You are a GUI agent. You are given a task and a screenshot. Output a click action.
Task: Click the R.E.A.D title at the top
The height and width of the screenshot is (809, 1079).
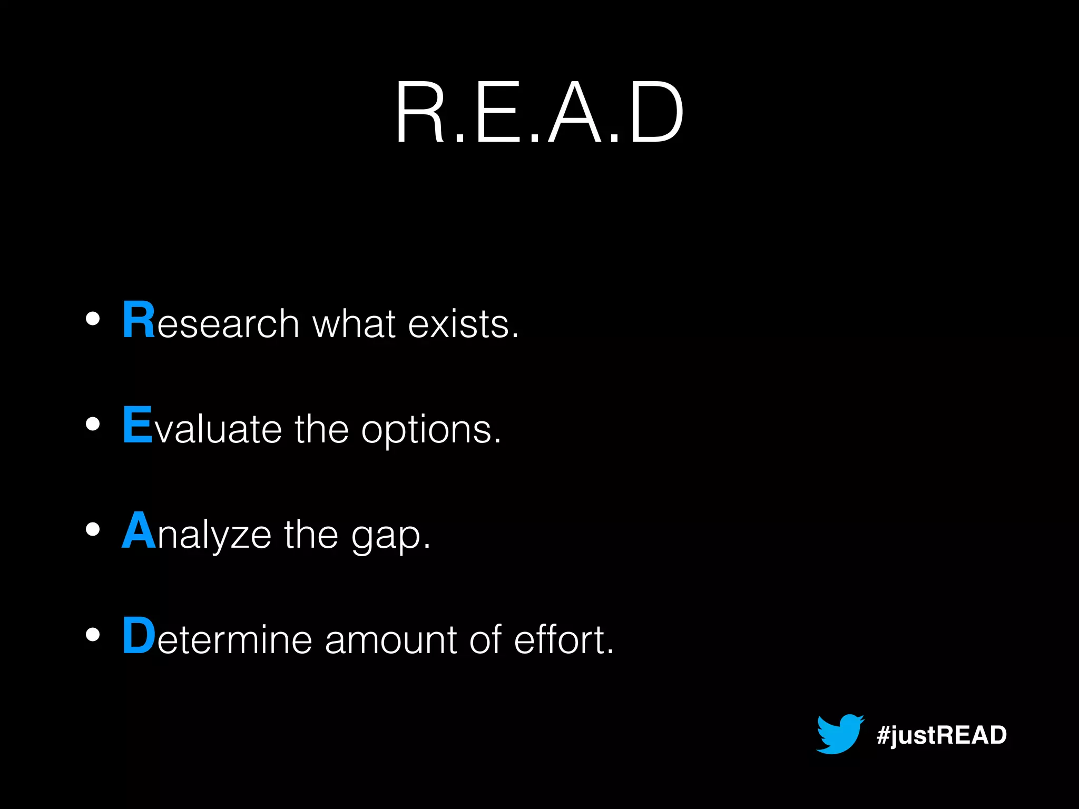[539, 112]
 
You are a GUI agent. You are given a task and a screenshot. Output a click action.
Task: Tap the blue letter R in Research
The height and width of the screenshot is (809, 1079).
[139, 319]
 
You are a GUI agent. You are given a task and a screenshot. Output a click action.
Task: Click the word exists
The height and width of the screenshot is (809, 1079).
[463, 323]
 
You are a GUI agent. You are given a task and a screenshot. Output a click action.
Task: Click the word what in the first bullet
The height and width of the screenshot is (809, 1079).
[354, 323]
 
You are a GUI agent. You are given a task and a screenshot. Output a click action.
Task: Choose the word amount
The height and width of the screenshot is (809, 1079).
[390, 640]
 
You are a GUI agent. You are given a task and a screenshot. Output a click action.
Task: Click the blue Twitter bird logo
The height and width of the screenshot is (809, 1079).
[839, 734]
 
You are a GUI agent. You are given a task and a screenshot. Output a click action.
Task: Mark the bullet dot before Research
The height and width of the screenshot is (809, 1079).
[93, 319]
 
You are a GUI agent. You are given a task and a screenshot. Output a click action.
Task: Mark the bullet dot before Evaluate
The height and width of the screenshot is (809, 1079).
[93, 424]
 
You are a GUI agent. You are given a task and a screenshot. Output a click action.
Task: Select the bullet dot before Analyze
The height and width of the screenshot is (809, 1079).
[93, 529]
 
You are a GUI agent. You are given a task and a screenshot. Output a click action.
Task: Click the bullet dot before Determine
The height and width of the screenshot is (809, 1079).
[93, 635]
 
